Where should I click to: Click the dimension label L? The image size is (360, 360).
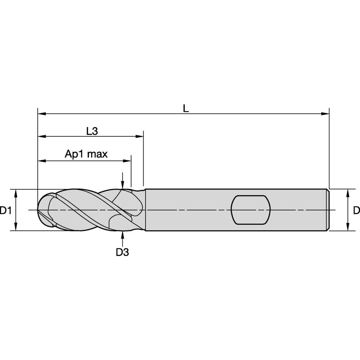tap(185, 108)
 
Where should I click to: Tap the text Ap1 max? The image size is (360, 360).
tap(86, 154)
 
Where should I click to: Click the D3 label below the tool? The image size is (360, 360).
tap(122, 252)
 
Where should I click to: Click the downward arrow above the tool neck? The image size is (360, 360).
tap(123, 185)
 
